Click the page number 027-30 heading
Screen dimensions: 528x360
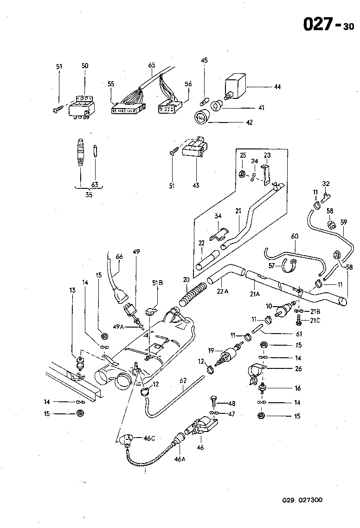click(x=328, y=24)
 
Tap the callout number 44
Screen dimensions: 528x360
click(x=277, y=87)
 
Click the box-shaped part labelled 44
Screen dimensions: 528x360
click(x=236, y=86)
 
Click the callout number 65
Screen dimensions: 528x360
click(x=151, y=66)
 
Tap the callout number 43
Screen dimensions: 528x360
click(x=196, y=186)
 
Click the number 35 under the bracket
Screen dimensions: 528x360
click(x=89, y=195)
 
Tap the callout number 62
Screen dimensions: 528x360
click(x=183, y=381)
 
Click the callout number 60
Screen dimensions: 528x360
click(x=294, y=236)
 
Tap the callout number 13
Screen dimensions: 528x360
click(x=72, y=290)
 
